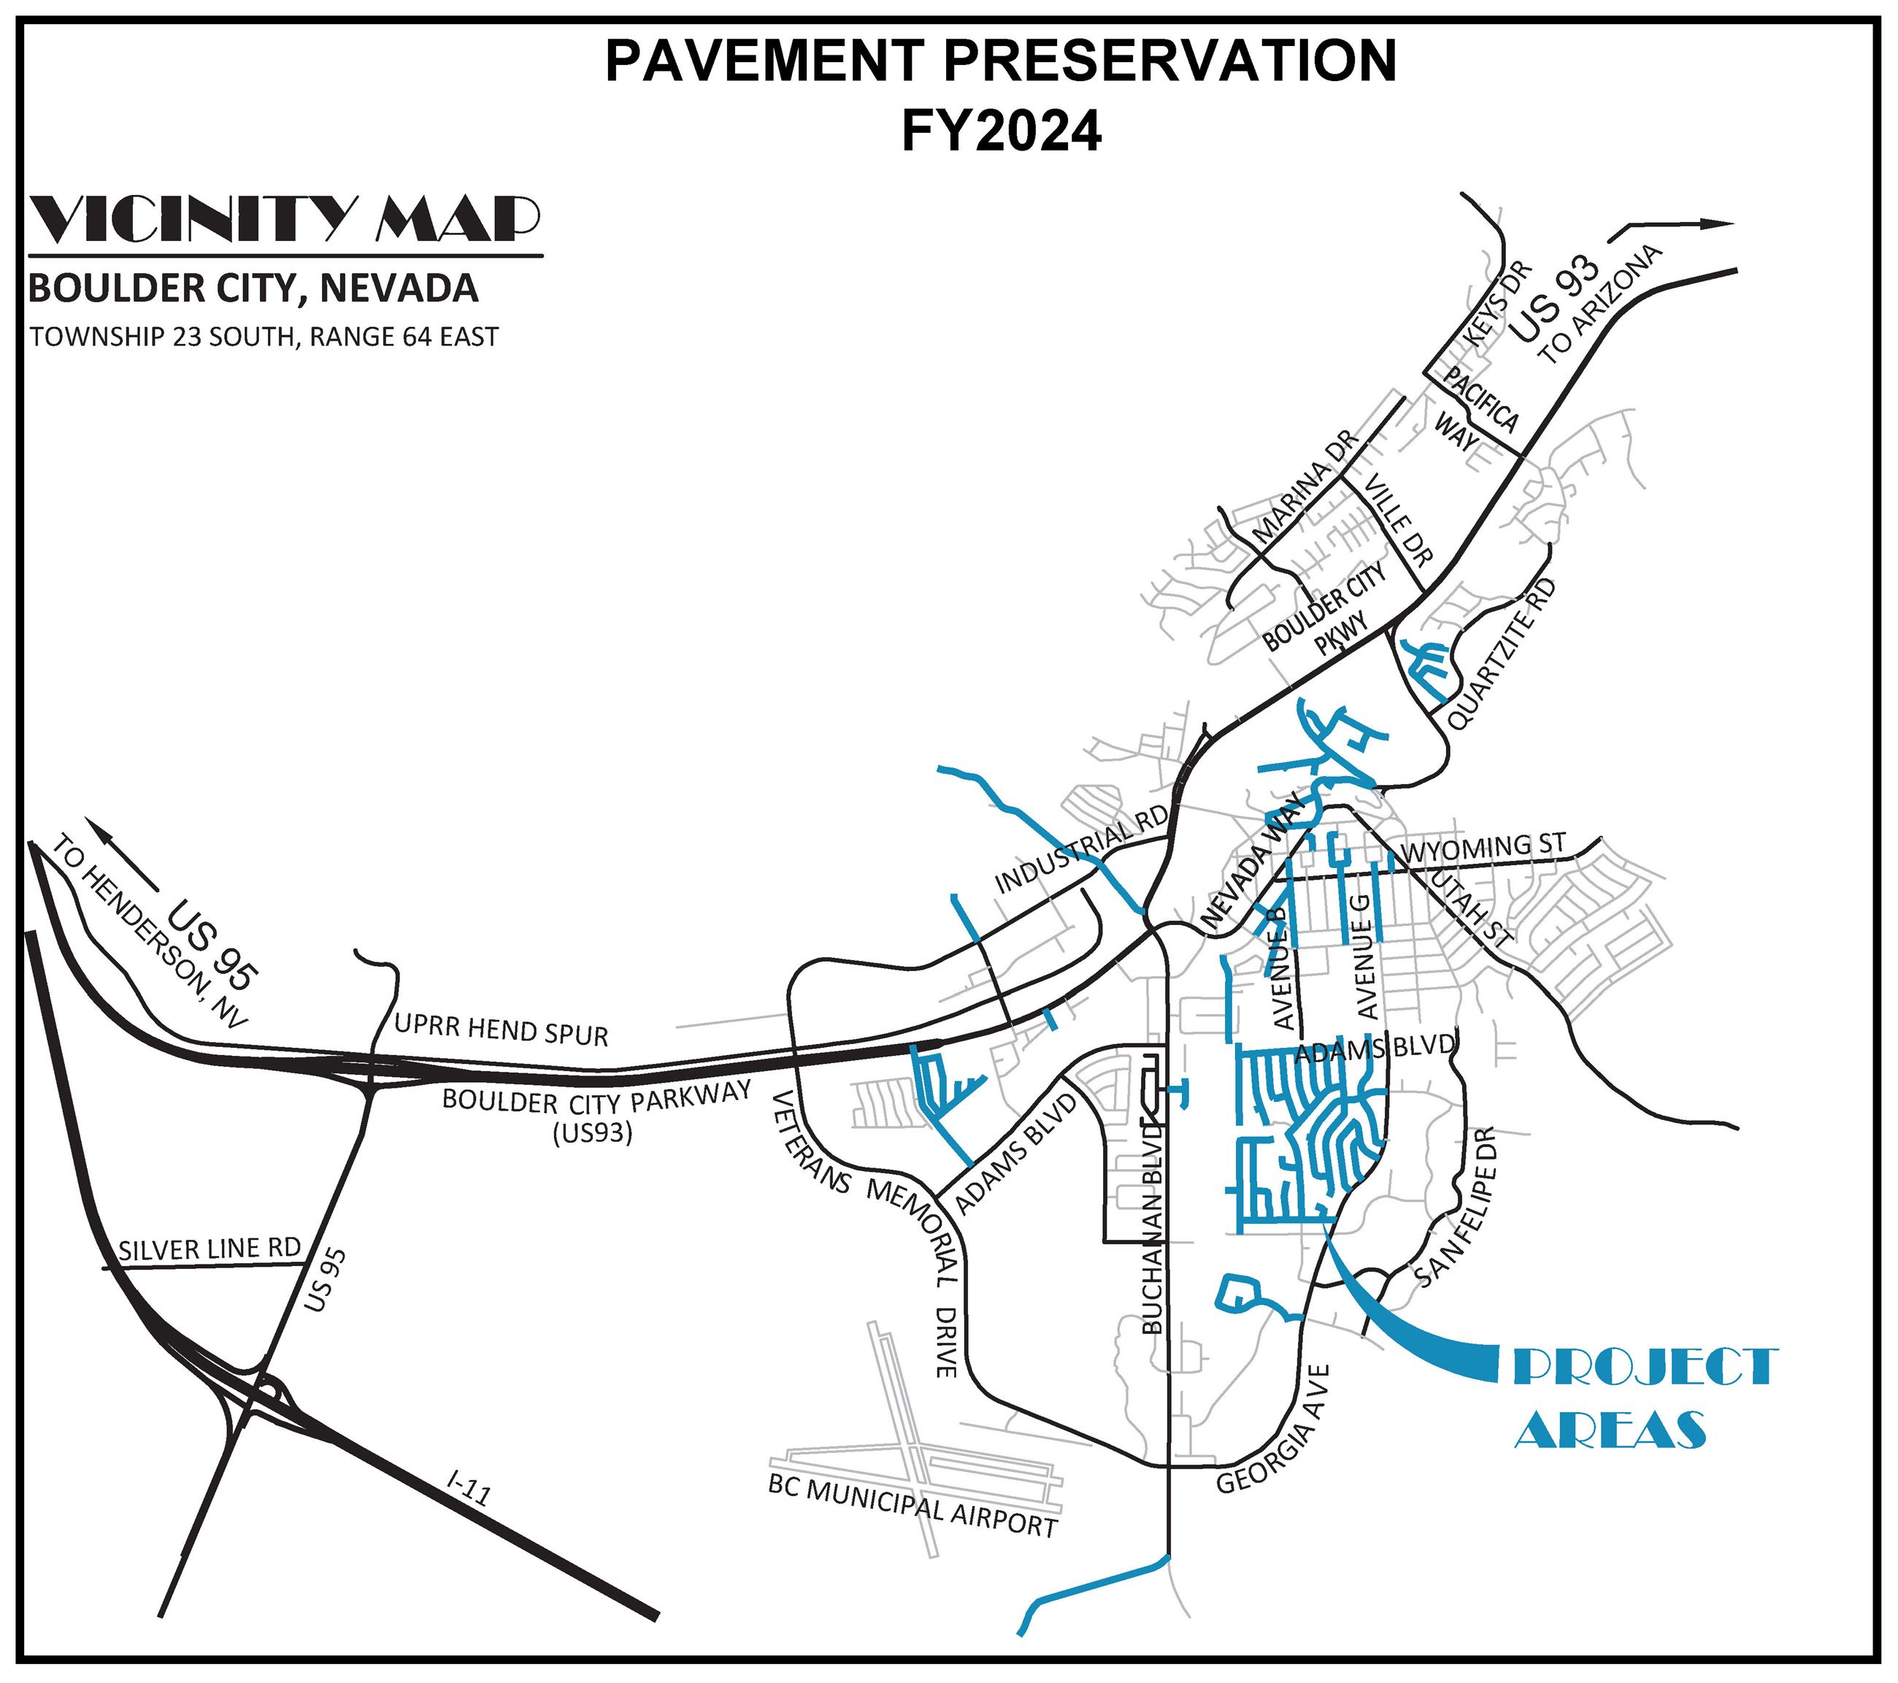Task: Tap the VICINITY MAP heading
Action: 285,219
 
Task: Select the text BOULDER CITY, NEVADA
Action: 253,289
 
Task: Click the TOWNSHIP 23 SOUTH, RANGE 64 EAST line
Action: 264,336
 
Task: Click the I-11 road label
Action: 468,1488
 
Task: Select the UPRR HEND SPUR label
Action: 501,1031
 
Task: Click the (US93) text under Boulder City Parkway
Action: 593,1134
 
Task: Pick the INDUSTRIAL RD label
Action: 1081,851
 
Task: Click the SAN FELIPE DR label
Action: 1457,1208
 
